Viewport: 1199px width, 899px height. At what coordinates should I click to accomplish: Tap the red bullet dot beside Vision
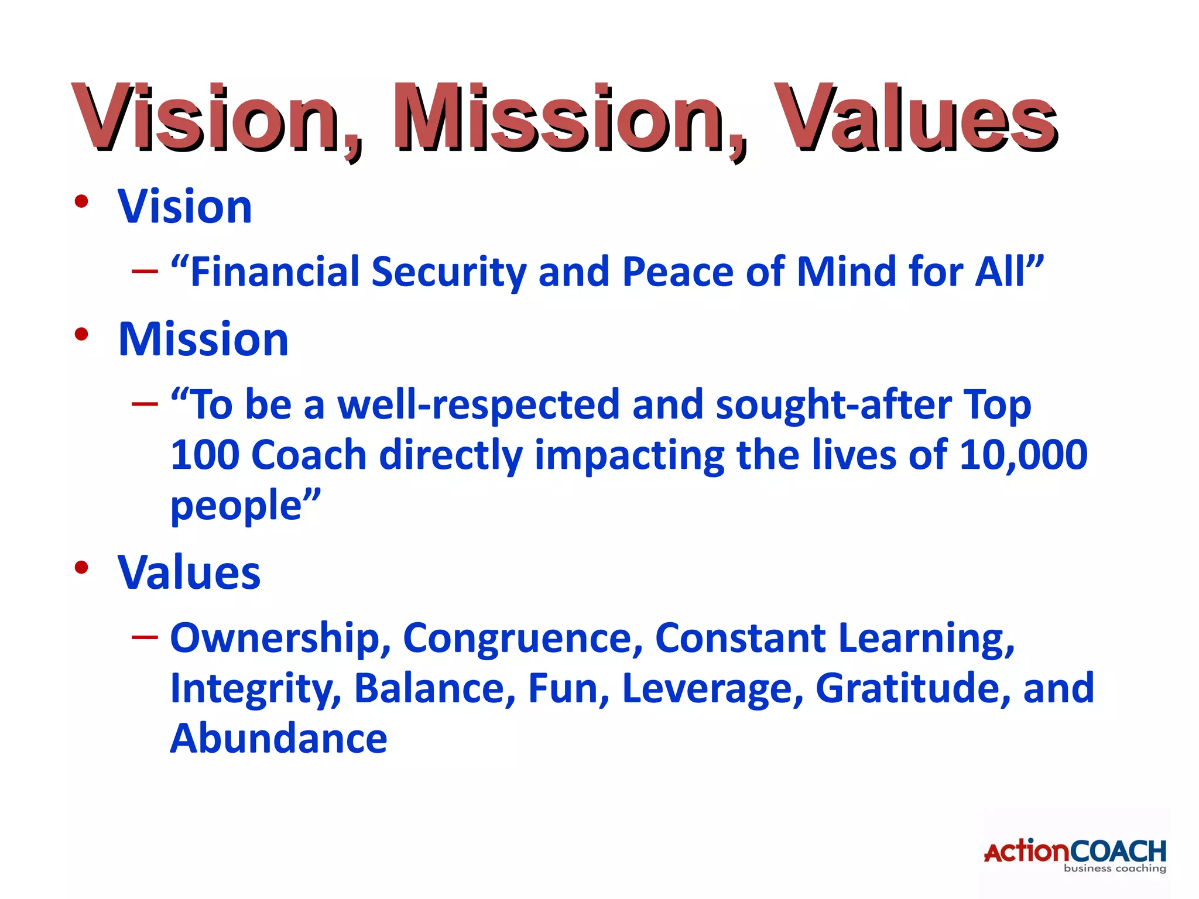tap(81, 202)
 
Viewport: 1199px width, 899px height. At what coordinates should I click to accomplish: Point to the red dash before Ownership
tap(145, 637)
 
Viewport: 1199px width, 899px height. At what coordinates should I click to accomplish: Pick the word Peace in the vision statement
tap(677, 272)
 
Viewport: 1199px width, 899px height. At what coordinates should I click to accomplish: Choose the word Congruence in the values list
tap(523, 638)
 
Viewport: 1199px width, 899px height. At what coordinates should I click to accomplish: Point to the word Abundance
tap(279, 739)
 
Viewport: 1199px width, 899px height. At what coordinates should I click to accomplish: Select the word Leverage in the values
tap(712, 688)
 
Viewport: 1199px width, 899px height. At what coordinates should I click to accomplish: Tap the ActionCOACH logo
tap(1075, 851)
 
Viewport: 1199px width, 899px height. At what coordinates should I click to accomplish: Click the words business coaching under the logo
tap(1115, 869)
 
